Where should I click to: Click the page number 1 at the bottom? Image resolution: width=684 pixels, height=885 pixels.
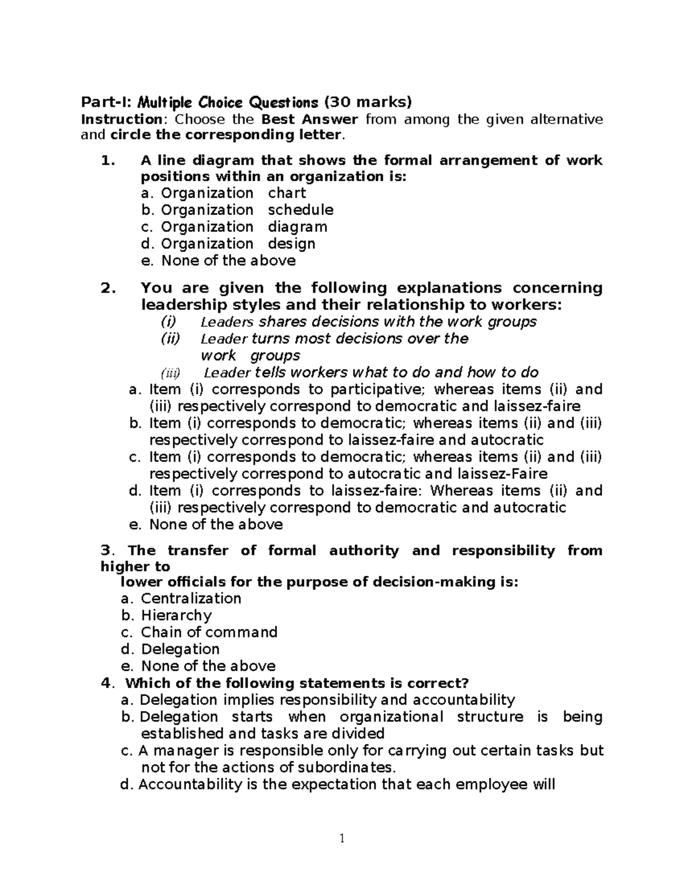click(x=342, y=838)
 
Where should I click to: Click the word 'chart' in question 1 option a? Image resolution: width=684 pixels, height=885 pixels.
click(x=287, y=193)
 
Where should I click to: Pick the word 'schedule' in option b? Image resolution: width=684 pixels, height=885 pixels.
click(x=300, y=210)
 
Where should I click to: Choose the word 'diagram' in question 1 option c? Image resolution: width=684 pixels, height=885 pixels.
click(x=298, y=227)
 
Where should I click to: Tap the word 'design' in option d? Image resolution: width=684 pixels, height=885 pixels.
click(x=291, y=244)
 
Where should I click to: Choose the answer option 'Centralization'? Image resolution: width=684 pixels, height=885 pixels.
click(x=191, y=598)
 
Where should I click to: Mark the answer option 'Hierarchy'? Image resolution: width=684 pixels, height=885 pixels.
click(x=176, y=615)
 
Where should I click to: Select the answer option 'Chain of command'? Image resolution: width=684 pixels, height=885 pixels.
click(x=209, y=633)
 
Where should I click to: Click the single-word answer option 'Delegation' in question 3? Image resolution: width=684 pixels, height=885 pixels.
click(x=180, y=649)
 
